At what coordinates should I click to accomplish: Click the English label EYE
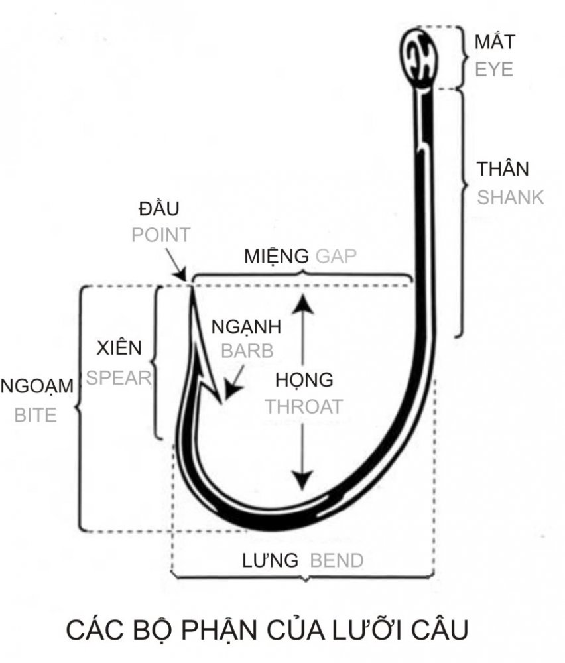click(x=494, y=68)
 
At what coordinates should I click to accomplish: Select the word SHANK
click(x=511, y=197)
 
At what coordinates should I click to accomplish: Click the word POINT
click(x=161, y=235)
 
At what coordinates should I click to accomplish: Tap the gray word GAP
click(x=338, y=256)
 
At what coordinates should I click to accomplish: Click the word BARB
click(x=247, y=351)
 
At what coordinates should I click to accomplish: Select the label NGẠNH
click(x=246, y=327)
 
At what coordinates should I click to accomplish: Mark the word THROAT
click(x=304, y=406)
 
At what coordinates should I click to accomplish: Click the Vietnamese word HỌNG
click(x=304, y=381)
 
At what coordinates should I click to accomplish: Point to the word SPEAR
click(x=119, y=377)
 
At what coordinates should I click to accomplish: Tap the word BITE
click(x=35, y=415)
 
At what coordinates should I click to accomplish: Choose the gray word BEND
click(x=337, y=561)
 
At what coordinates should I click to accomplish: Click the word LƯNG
click(x=269, y=561)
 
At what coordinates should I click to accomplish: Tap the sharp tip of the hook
click(x=190, y=287)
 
